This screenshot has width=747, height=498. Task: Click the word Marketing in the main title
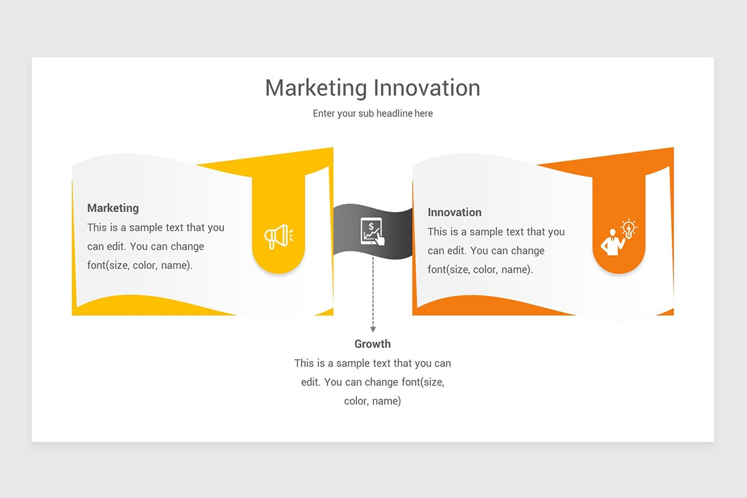(x=316, y=88)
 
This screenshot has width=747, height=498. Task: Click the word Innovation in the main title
(x=427, y=88)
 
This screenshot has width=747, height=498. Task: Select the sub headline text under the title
(x=373, y=114)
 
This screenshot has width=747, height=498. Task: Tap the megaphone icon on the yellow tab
(x=278, y=237)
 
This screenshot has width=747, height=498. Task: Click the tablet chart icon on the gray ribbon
(x=372, y=232)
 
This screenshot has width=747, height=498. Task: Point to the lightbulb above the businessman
(x=629, y=229)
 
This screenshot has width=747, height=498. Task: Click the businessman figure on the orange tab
(x=613, y=243)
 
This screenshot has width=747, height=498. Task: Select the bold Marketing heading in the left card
(x=113, y=208)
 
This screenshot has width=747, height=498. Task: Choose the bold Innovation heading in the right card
(x=454, y=212)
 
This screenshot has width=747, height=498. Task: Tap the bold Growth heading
(x=372, y=344)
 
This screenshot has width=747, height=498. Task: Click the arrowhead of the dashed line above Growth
(x=373, y=329)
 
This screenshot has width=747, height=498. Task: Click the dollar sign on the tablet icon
(x=371, y=227)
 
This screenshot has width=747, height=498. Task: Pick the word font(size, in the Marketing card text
(x=108, y=266)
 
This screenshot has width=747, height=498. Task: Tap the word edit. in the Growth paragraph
(x=311, y=382)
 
